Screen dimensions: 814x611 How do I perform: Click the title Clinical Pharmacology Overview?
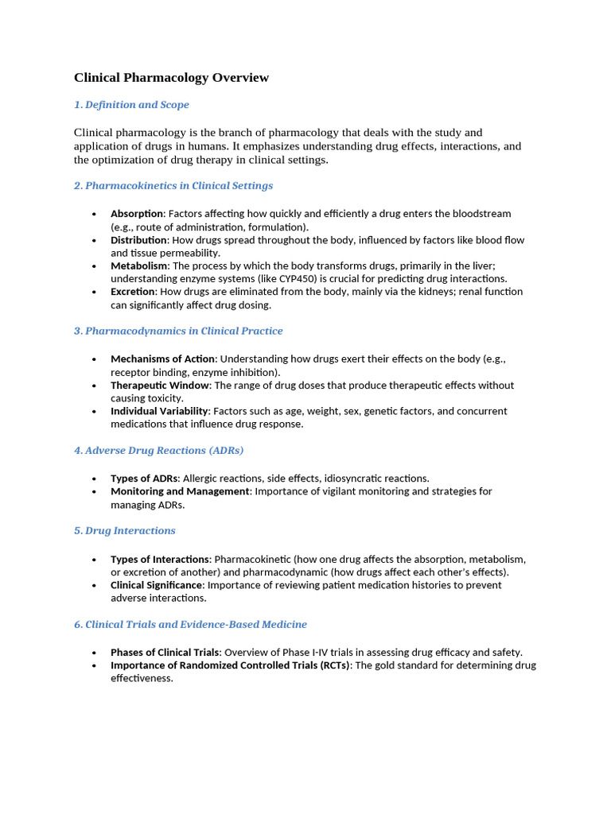coord(171,78)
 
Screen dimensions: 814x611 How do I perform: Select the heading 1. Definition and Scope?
coord(131,105)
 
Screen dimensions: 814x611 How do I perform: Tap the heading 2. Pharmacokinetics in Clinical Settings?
coord(173,186)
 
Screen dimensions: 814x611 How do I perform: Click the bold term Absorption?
coord(137,214)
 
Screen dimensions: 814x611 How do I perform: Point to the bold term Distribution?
coord(139,240)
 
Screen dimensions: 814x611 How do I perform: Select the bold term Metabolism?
coord(139,266)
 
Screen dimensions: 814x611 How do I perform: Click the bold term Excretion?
coord(133,292)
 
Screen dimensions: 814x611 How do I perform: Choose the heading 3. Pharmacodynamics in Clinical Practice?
coord(178,331)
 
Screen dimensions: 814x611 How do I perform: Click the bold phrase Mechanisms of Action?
coord(163,359)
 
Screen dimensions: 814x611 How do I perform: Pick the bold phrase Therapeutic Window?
coord(160,386)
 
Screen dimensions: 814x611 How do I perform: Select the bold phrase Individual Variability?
coord(159,412)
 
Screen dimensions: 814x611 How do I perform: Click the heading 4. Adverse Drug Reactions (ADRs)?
coord(158,451)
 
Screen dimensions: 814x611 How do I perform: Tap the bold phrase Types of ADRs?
coord(144,479)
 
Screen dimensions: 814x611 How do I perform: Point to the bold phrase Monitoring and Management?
coord(180,491)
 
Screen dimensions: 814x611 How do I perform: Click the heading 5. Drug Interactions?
coord(125,531)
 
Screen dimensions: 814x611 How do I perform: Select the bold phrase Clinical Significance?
coord(156,585)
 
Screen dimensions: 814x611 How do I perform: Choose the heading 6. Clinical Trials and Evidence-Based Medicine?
coord(190,625)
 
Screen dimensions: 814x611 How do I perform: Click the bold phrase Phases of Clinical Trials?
coord(165,653)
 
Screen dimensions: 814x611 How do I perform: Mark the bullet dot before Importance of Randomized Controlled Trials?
coord(94,665)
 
